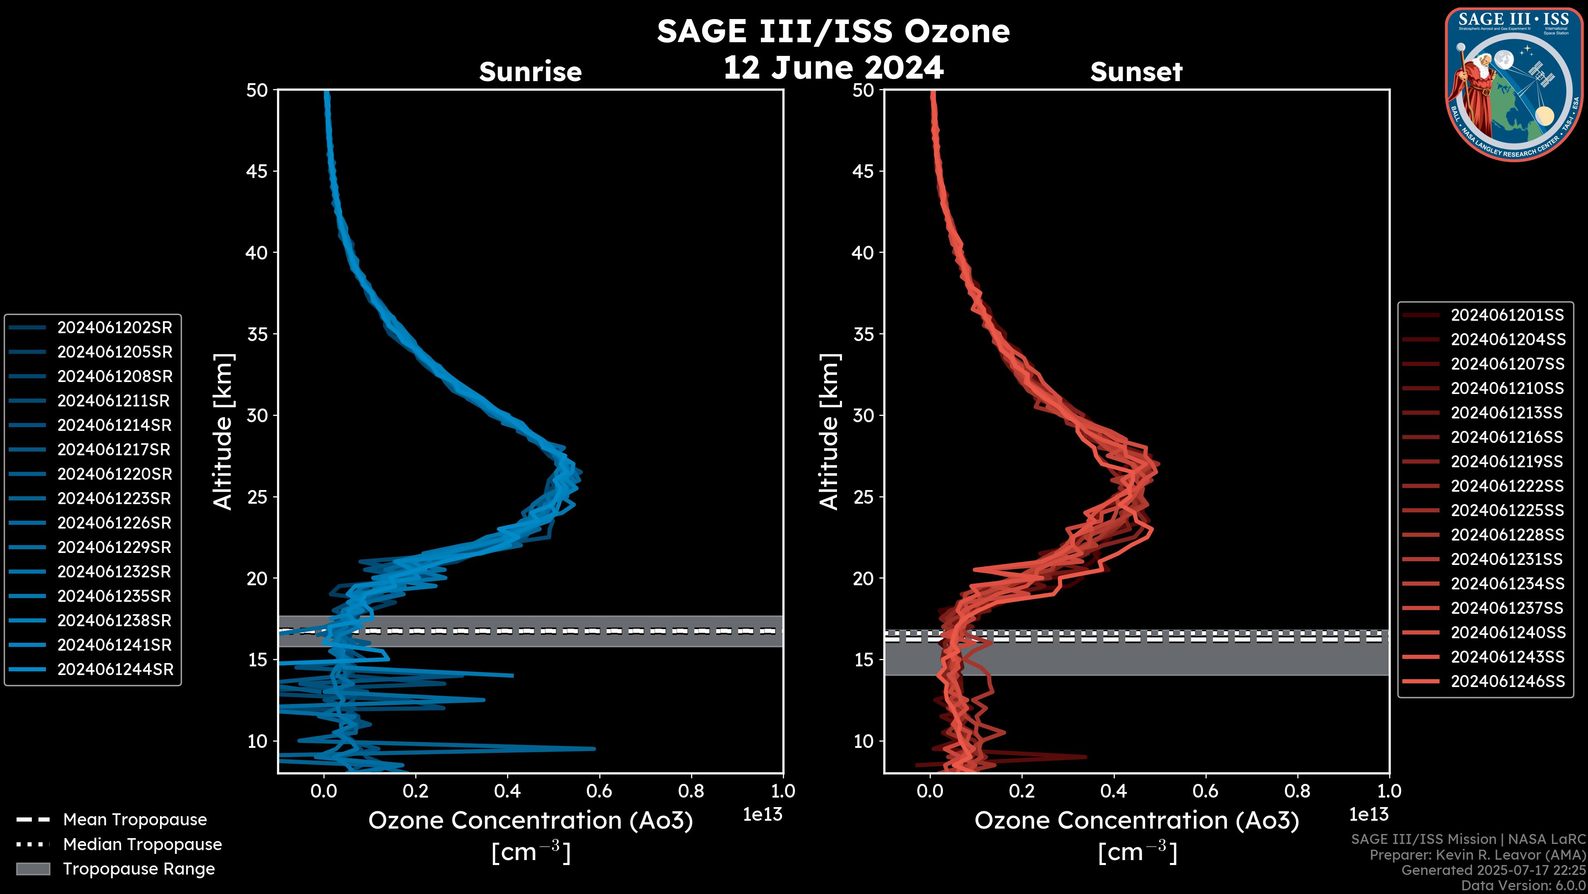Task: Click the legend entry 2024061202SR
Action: click(115, 328)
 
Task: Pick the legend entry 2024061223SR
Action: click(115, 498)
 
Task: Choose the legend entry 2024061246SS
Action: click(1507, 681)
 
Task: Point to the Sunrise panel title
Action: click(530, 72)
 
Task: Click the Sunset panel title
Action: click(1136, 72)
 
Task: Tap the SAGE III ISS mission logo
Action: click(1514, 84)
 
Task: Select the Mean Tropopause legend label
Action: click(135, 819)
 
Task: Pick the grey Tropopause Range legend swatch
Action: click(33, 869)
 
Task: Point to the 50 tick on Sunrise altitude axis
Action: click(257, 90)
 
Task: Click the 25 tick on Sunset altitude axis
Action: click(863, 497)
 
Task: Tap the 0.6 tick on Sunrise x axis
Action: click(599, 791)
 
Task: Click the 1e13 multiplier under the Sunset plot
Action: click(1368, 815)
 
